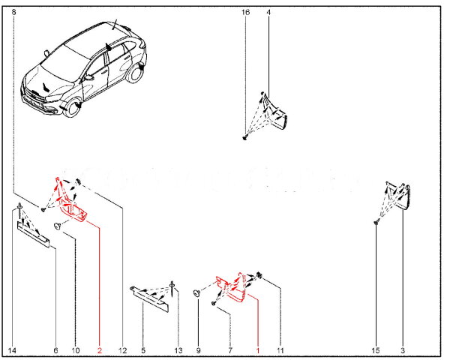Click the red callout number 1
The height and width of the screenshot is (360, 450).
257,350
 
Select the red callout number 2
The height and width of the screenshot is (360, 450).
99,350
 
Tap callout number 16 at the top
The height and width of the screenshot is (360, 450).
245,13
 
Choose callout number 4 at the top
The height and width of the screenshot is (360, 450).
268,13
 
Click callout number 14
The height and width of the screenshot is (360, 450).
12,350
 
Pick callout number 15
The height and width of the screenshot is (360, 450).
376,350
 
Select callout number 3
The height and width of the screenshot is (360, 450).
403,350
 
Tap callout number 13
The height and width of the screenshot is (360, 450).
178,350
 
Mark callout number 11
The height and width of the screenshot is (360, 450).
280,350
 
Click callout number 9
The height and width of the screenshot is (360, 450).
198,350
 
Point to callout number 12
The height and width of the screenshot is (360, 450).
122,350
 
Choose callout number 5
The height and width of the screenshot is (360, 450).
143,350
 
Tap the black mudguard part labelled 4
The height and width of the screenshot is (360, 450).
277,115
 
